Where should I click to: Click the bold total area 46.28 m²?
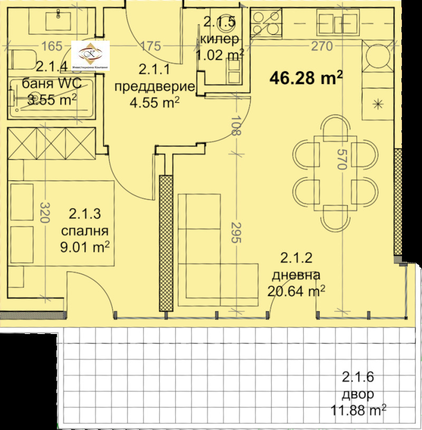tap(306, 79)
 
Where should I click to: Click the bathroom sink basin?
tap(55, 21)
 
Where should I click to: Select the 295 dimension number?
tap(236, 232)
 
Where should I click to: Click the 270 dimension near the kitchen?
tap(322, 46)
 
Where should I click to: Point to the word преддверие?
tap(155, 86)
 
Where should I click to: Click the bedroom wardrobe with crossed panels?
tap(51, 143)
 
